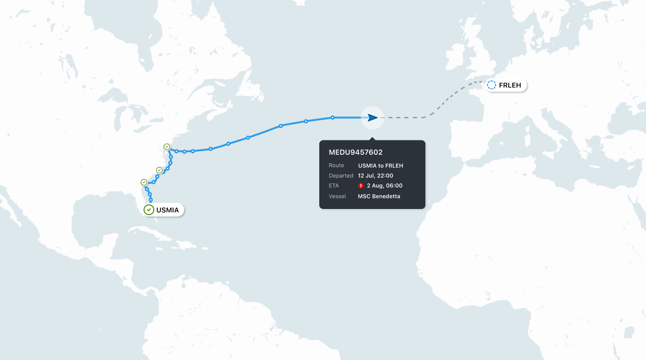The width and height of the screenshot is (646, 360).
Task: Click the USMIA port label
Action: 167,210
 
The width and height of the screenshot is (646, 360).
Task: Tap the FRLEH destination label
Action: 510,86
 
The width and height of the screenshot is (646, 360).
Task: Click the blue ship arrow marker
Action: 372,118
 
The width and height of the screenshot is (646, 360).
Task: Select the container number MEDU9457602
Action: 355,152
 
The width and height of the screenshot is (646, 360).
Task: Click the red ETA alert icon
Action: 361,186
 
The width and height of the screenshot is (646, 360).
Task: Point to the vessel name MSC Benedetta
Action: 379,196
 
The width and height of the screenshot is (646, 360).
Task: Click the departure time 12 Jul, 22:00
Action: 375,176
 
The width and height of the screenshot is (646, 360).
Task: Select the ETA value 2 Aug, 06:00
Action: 384,186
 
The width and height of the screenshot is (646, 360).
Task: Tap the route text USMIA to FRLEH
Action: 380,166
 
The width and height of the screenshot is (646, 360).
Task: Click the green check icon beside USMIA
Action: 149,210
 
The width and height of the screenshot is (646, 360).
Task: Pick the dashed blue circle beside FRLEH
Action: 491,86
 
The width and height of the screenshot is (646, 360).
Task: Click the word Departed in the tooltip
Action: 341,176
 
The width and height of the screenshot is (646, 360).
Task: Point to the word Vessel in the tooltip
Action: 337,196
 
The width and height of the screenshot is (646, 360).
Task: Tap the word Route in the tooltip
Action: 336,166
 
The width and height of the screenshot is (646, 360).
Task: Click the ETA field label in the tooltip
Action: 333,186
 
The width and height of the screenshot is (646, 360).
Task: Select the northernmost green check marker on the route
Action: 167,147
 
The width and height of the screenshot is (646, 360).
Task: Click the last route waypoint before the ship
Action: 332,118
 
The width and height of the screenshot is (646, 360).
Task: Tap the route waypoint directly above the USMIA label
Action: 151,200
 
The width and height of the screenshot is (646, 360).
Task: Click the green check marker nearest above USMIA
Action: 144,182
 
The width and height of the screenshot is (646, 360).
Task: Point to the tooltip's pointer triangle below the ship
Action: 372,138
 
